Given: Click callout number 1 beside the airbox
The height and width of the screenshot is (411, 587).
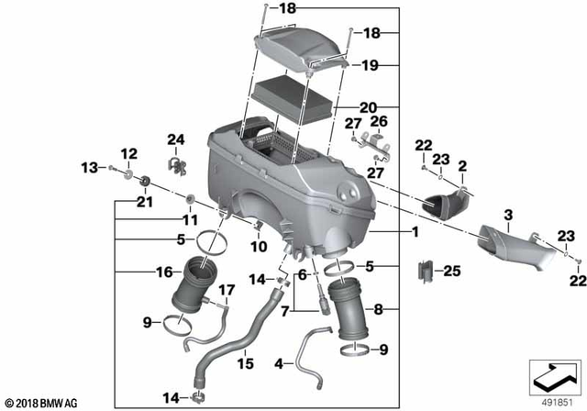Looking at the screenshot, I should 415,233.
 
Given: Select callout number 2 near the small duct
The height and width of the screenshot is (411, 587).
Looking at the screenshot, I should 462,166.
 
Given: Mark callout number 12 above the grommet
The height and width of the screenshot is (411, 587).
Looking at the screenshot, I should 127,152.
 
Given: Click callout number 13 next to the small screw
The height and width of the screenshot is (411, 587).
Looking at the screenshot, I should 90,167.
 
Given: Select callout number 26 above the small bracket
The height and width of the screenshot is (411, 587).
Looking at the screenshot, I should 380,120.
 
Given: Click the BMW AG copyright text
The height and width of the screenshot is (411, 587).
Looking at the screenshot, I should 43,402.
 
